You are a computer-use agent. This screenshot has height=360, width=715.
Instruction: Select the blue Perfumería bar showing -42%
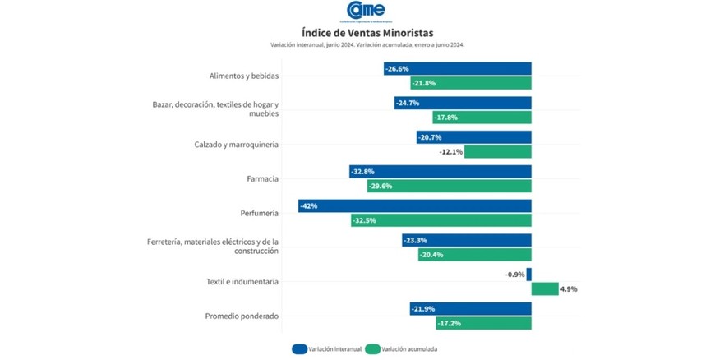(x=414, y=205)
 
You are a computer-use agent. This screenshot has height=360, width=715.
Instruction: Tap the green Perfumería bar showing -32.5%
(x=441, y=220)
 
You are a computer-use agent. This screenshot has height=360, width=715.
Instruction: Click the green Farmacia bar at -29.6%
(x=449, y=186)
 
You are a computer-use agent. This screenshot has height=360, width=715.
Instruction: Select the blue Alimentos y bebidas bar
(x=457, y=69)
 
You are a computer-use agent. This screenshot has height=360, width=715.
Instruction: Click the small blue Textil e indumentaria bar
(x=528, y=275)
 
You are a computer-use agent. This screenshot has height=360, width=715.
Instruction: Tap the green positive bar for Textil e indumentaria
(x=544, y=288)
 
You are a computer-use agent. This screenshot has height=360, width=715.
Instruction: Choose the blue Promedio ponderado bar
(x=470, y=309)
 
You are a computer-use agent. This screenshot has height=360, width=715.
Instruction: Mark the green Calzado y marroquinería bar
(x=498, y=151)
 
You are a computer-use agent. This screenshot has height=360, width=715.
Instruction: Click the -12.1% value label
(x=451, y=151)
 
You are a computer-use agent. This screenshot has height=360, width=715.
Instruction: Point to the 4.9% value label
(x=569, y=288)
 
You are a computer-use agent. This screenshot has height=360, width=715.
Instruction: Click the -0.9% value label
(x=514, y=275)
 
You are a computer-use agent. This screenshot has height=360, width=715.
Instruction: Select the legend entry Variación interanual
(x=326, y=349)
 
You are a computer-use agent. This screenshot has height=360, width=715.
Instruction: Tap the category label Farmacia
(x=262, y=178)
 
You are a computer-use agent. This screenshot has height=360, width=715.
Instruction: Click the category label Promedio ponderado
(x=242, y=316)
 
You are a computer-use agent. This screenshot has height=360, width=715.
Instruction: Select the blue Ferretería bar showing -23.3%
(x=466, y=240)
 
